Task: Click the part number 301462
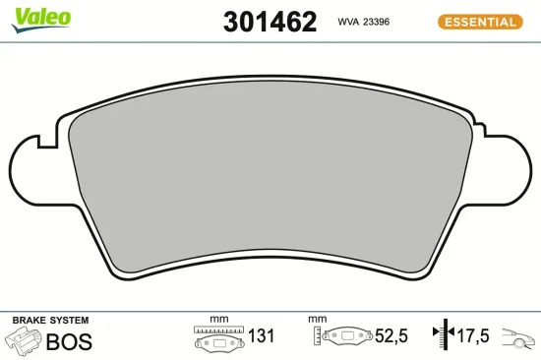270,21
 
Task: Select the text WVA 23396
364,21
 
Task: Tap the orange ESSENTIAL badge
479,21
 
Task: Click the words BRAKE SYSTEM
50,321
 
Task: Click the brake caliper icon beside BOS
23,340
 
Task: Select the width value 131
260,336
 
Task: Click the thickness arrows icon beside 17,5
444,335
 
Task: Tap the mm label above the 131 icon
218,319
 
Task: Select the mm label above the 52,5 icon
316,319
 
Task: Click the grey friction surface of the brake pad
270,177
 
